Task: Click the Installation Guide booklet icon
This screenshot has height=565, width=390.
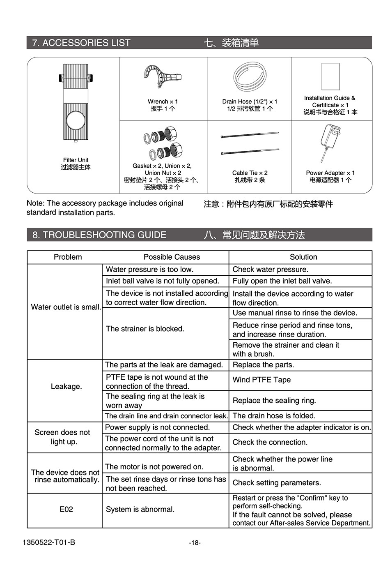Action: click(330, 76)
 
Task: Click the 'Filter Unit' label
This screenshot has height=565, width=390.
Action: click(76, 160)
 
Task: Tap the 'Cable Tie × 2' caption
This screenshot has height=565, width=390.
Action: click(250, 173)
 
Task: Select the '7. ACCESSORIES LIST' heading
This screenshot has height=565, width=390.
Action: click(81, 43)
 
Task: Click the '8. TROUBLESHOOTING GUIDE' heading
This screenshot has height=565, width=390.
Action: click(99, 235)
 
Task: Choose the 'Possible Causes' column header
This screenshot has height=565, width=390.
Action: click(172, 257)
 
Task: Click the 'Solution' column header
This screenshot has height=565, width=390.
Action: click(303, 257)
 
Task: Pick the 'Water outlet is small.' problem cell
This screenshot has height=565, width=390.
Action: click(66, 307)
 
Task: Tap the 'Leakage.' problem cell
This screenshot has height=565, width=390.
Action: click(66, 387)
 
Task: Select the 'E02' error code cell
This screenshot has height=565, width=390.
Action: click(66, 510)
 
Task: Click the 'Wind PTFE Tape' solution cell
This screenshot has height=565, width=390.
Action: click(262, 380)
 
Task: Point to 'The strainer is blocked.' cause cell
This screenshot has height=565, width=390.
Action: click(145, 329)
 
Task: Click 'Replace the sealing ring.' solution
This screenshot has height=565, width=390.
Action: click(274, 401)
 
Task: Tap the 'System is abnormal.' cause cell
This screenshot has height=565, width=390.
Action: click(140, 510)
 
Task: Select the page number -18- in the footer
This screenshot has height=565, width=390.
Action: click(195, 543)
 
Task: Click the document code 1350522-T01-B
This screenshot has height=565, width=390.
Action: click(49, 543)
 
